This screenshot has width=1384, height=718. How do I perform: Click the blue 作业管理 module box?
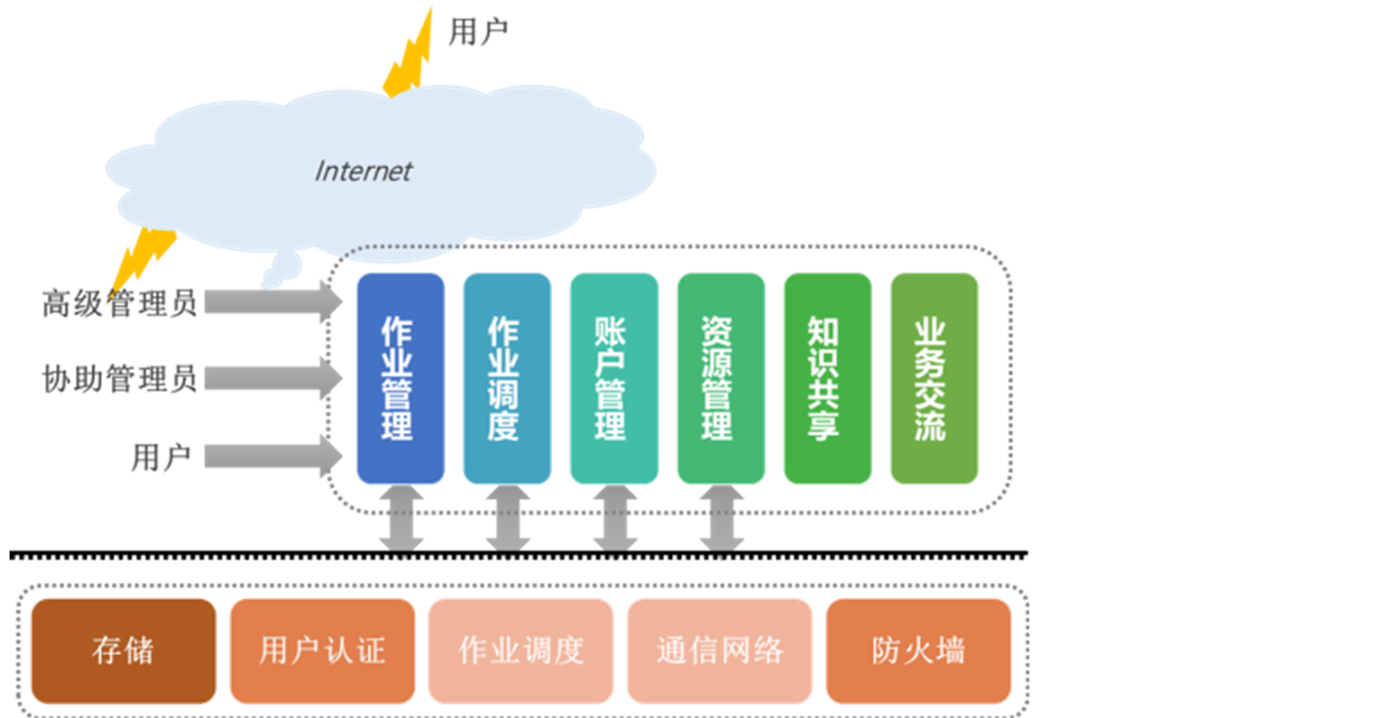point(399,378)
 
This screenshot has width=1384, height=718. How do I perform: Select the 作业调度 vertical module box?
point(506,378)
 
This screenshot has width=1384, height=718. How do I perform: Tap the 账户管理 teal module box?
point(613,378)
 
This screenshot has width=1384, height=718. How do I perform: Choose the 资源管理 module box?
point(720,378)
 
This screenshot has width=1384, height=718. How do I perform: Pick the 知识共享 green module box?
point(827,378)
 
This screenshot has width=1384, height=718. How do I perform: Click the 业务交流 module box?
point(933,378)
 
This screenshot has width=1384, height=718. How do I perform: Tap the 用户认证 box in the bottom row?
point(322,650)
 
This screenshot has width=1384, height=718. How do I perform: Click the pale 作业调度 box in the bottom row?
point(521,650)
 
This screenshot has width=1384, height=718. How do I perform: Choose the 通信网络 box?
point(719,650)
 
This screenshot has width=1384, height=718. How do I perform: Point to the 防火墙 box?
point(918,650)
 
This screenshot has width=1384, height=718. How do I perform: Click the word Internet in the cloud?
point(363,171)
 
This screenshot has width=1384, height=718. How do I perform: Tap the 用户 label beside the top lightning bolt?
point(478,32)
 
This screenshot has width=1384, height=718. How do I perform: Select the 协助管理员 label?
point(119,379)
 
